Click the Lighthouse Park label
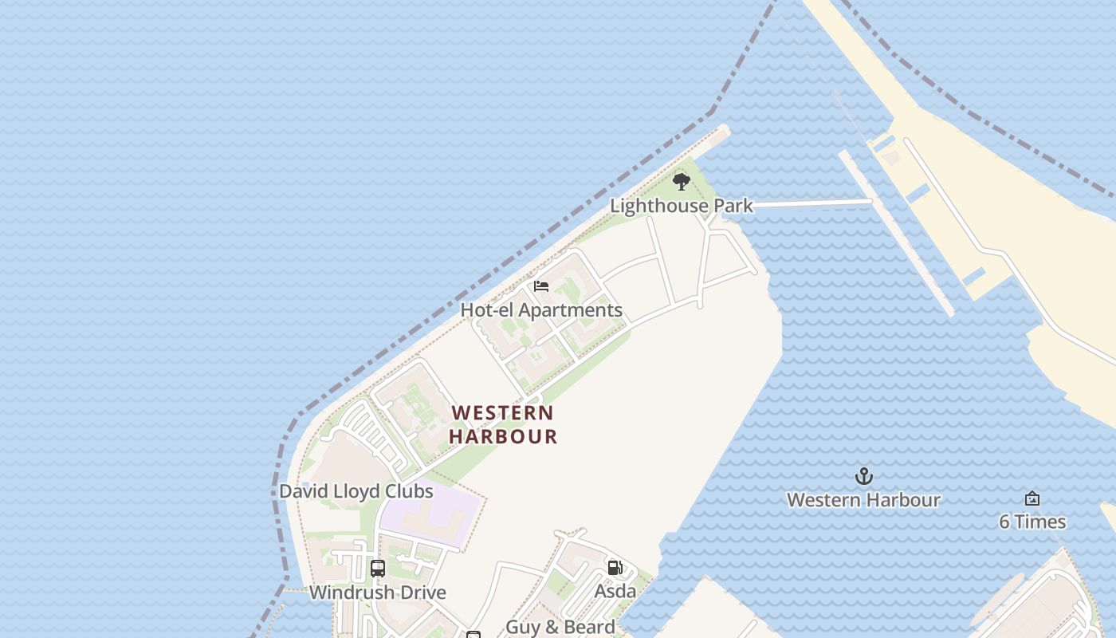(x=682, y=206)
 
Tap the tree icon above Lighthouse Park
(x=681, y=182)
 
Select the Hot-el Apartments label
(x=541, y=310)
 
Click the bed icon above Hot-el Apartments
(x=541, y=286)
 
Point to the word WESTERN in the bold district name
(x=502, y=413)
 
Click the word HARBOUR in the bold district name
(x=502, y=437)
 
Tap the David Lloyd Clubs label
(x=356, y=491)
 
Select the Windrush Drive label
(x=377, y=593)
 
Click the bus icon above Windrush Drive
(x=378, y=569)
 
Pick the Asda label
(x=615, y=591)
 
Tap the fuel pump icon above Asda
(x=615, y=568)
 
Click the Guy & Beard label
(x=560, y=627)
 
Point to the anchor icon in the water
(x=863, y=477)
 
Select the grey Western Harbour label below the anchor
(x=863, y=500)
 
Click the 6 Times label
(x=1032, y=522)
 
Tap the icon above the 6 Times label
(x=1032, y=498)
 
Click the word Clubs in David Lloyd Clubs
(x=409, y=491)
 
